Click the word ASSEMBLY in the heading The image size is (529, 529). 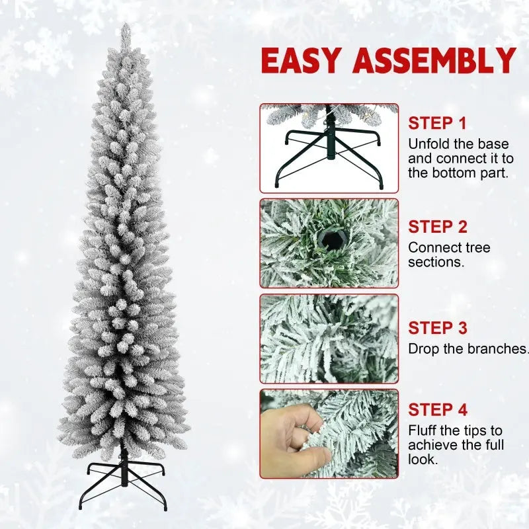[x=434, y=61]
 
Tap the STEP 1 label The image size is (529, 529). [x=437, y=123]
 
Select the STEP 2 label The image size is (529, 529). [x=437, y=227]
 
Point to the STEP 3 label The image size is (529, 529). [x=437, y=328]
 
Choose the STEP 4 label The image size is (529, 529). [x=437, y=410]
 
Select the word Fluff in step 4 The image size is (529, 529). [x=423, y=430]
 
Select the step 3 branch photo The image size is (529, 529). [x=329, y=339]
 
